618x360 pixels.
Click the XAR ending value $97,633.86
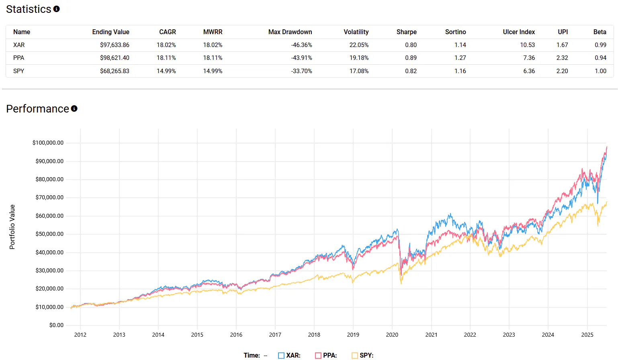point(115,45)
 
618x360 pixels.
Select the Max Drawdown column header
point(290,32)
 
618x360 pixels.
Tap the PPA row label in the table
point(19,58)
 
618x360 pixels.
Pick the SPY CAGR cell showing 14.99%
point(166,71)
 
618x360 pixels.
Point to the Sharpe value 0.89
point(411,58)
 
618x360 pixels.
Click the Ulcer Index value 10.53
point(527,45)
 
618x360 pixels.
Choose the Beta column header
point(600,32)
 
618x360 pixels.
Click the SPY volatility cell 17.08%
point(359,71)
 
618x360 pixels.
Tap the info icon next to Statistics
point(57,9)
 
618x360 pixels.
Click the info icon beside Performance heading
point(74,108)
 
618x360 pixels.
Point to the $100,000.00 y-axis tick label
point(48,143)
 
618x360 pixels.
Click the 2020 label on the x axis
point(392,335)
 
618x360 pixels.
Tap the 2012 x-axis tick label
point(80,335)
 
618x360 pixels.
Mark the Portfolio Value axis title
point(12,227)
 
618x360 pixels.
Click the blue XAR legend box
point(281,356)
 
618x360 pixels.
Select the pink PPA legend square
point(318,356)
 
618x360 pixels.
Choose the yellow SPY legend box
point(355,356)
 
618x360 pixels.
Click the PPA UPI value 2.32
point(562,58)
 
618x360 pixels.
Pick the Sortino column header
point(455,32)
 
